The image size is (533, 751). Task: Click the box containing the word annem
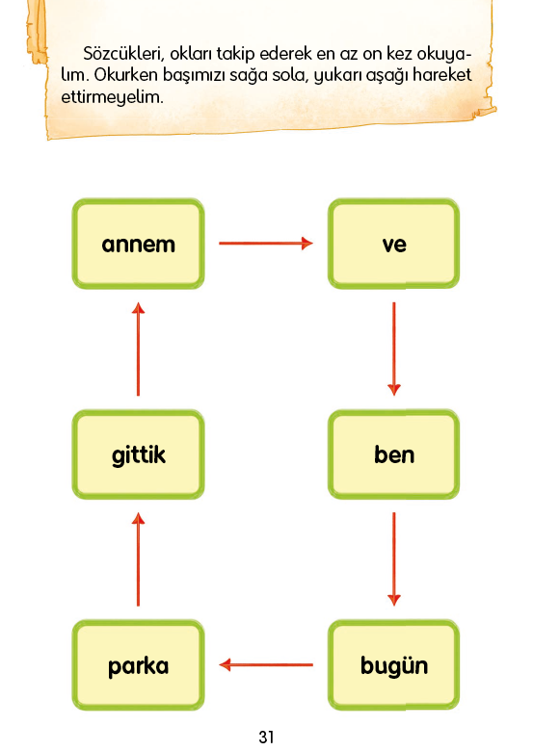pyautogui.click(x=138, y=244)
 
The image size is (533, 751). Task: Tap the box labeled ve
pyautogui.click(x=393, y=244)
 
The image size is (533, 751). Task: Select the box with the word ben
pyautogui.click(x=393, y=454)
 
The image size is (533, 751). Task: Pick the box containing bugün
pyautogui.click(x=393, y=664)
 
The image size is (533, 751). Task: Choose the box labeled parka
pyautogui.click(x=138, y=664)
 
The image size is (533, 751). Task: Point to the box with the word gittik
pyautogui.click(x=138, y=454)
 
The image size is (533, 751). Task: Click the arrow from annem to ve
pyautogui.click(x=266, y=244)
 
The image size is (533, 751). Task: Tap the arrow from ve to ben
pyautogui.click(x=394, y=350)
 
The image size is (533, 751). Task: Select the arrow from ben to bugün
pyautogui.click(x=394, y=559)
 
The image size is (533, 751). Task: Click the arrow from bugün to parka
pyautogui.click(x=266, y=664)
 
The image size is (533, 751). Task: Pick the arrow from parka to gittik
pyautogui.click(x=138, y=559)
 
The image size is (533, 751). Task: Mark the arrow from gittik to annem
pyautogui.click(x=138, y=350)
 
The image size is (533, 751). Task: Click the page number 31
pyautogui.click(x=266, y=737)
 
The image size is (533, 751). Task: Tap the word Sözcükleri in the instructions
pyautogui.click(x=123, y=54)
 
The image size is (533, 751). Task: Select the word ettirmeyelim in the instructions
pyautogui.click(x=112, y=97)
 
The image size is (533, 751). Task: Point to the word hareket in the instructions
pyautogui.click(x=442, y=75)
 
